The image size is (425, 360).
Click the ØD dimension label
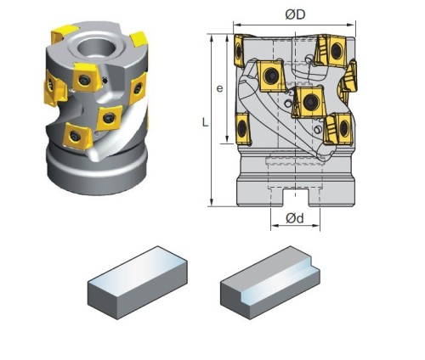295,14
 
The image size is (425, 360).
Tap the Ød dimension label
295,218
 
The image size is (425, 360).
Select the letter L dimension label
206,122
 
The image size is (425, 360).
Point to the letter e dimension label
219,88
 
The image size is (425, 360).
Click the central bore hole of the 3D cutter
97,48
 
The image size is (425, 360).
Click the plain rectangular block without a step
138,282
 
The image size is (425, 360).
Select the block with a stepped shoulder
270,282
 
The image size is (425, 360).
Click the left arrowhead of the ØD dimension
237,25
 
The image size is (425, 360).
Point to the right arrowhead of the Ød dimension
316,226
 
